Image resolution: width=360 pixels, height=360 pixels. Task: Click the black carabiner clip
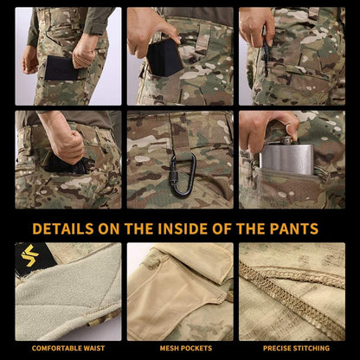(182, 173)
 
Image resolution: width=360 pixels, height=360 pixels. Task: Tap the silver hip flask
(286, 161)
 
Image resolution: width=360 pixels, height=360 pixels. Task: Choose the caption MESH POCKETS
(180, 348)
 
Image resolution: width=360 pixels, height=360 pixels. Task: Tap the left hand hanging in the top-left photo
(31, 59)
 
